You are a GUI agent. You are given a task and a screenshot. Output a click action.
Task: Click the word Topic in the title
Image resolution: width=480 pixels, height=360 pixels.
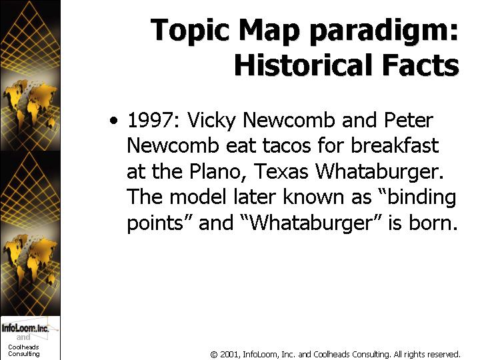click(190, 31)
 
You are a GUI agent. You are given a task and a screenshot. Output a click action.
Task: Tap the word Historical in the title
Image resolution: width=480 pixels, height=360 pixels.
click(303, 65)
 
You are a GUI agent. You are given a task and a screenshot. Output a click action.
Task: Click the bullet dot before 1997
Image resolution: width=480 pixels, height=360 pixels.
click(113, 120)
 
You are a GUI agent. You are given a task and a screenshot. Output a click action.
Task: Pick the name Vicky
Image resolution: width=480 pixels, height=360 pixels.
click(211, 121)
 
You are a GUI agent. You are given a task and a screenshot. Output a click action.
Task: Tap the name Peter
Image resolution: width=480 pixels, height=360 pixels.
click(409, 120)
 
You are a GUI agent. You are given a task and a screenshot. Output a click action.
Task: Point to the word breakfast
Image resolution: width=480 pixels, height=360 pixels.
click(395, 145)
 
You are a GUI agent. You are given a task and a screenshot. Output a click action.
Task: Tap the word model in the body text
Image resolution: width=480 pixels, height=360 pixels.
click(197, 197)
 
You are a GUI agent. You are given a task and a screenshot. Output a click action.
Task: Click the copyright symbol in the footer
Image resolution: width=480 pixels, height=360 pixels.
click(214, 355)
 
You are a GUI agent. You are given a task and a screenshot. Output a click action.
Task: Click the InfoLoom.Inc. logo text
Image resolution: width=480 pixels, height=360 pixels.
click(25, 328)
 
